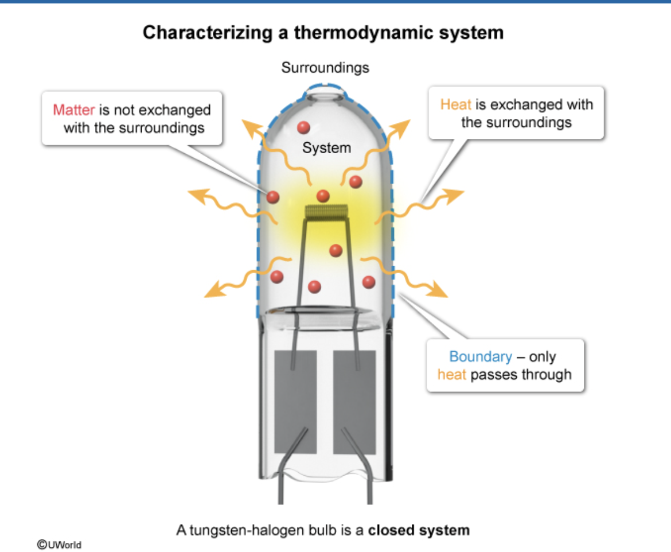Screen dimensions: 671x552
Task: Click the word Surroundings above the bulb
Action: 325,68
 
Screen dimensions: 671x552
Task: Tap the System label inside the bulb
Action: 326,147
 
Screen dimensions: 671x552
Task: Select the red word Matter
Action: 73,110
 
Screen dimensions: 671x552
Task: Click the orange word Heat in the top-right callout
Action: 456,104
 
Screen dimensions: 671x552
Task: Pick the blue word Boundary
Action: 481,356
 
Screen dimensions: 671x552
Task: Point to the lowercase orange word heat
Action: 451,375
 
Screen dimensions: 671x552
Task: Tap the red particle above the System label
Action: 303,127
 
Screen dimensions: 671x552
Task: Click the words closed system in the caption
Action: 419,530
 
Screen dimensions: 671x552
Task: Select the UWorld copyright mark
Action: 59,545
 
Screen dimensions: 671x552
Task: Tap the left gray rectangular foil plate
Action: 295,402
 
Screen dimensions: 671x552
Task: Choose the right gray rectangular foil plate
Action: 354,402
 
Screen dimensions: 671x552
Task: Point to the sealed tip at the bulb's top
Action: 325,91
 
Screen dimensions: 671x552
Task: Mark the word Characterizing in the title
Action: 208,33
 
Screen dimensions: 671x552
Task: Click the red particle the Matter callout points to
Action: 273,197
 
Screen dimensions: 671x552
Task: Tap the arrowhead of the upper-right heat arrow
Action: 402,127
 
